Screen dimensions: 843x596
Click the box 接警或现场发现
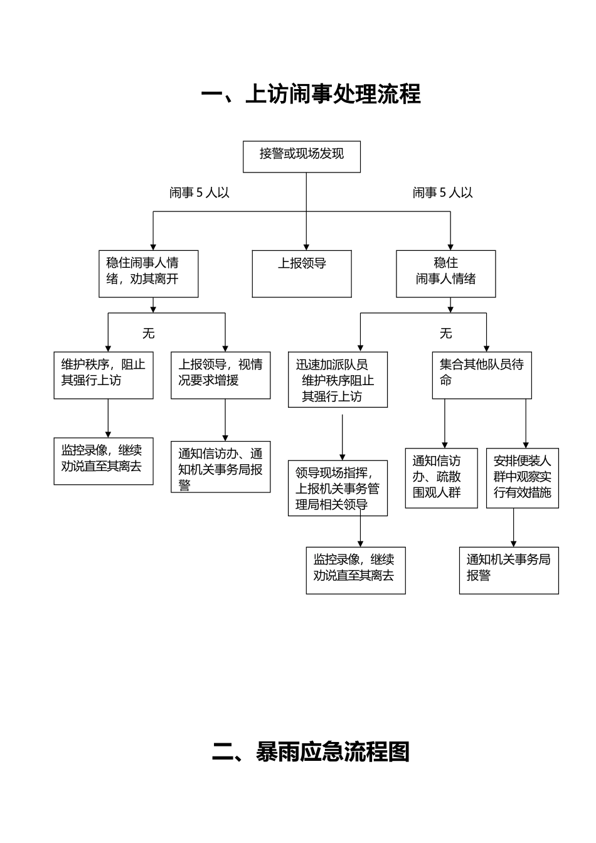click(302, 156)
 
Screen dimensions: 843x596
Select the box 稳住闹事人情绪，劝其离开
click(149, 273)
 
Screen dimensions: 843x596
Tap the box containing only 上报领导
click(302, 273)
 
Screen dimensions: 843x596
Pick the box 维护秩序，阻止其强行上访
click(104, 375)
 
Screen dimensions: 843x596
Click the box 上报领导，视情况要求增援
click(221, 375)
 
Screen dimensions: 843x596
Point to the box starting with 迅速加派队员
click(338, 379)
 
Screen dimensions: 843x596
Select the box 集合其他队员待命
click(482, 375)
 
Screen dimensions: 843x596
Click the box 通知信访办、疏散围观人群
click(441, 477)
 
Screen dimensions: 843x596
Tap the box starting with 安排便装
click(522, 477)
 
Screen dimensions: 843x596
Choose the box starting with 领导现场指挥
click(338, 488)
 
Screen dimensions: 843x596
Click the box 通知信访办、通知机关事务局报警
click(221, 467)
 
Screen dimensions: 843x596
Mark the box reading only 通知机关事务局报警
click(509, 571)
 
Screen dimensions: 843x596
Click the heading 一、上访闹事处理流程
click(311, 94)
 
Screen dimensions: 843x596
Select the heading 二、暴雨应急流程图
click(311, 751)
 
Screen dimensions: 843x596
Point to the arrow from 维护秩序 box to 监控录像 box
click(109, 418)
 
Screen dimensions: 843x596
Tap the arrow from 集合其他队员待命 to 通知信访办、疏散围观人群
click(445, 423)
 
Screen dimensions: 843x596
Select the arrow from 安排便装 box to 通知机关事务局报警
click(514, 528)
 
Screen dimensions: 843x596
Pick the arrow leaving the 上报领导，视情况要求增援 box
click(225, 420)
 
